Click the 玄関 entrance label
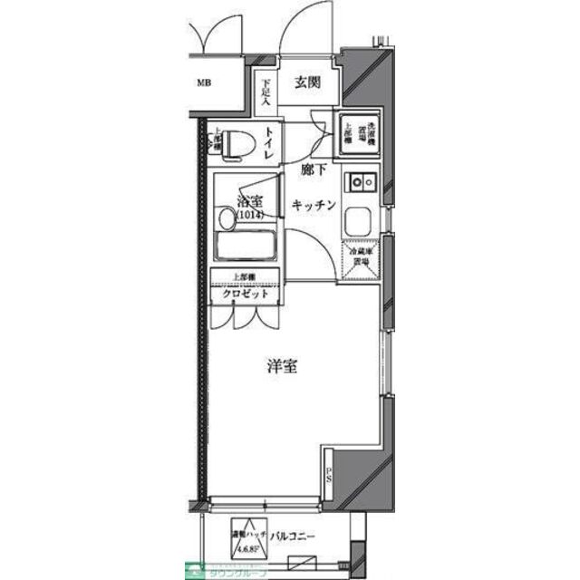coord(307,83)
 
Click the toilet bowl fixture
coord(237,144)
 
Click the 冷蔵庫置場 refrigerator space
coord(362,256)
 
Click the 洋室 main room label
coord(283,367)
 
